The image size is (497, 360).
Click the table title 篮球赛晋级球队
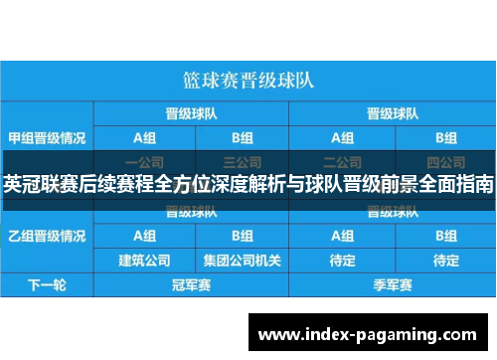tap(248, 77)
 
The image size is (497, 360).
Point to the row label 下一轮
tap(47, 285)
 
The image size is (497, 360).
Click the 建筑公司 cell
tap(144, 261)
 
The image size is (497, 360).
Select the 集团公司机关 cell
tap(242, 261)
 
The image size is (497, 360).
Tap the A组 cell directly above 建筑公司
tap(144, 236)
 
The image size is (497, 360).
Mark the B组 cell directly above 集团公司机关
tap(242, 236)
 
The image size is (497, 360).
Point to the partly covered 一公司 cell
tap(144, 160)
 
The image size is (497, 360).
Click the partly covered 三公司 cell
tap(242, 160)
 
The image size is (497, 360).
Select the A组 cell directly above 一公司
tap(144, 136)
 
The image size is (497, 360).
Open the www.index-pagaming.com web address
tap(368, 332)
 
